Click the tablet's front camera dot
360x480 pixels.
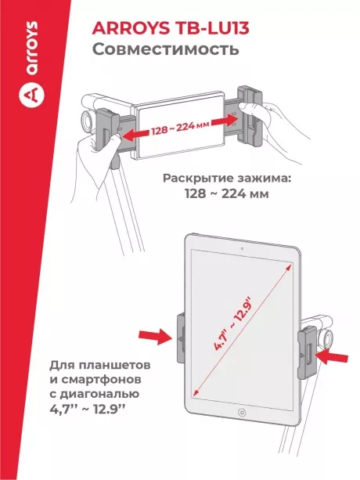pos(242,249)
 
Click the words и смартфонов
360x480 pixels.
pos(100,380)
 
